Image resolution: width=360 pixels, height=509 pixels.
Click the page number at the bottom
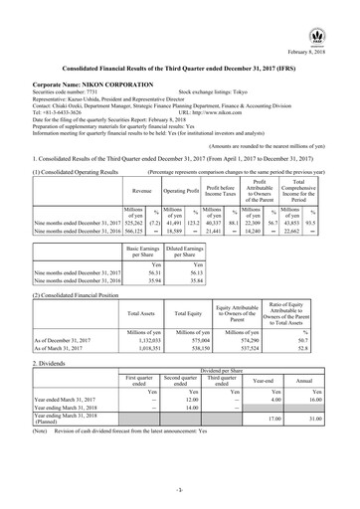pyautogui.click(x=179, y=490)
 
